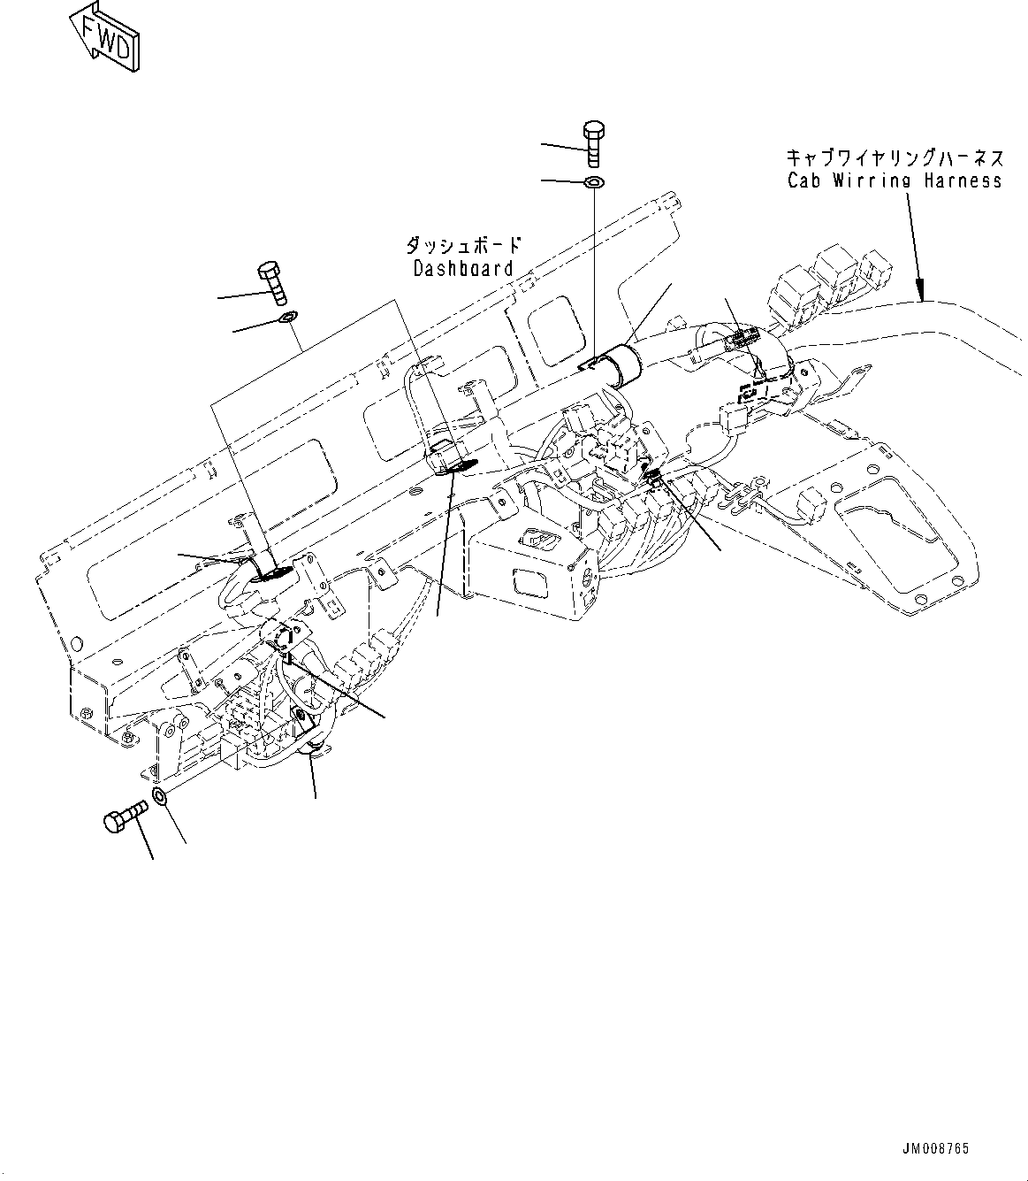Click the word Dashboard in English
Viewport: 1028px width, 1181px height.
click(463, 268)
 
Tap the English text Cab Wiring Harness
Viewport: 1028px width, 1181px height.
click(895, 180)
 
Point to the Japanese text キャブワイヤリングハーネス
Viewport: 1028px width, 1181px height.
click(895, 158)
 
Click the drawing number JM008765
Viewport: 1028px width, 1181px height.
click(935, 1149)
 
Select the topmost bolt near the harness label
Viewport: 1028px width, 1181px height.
click(593, 142)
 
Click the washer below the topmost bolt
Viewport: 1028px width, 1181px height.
click(593, 182)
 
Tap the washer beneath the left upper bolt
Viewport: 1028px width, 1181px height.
click(287, 317)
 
